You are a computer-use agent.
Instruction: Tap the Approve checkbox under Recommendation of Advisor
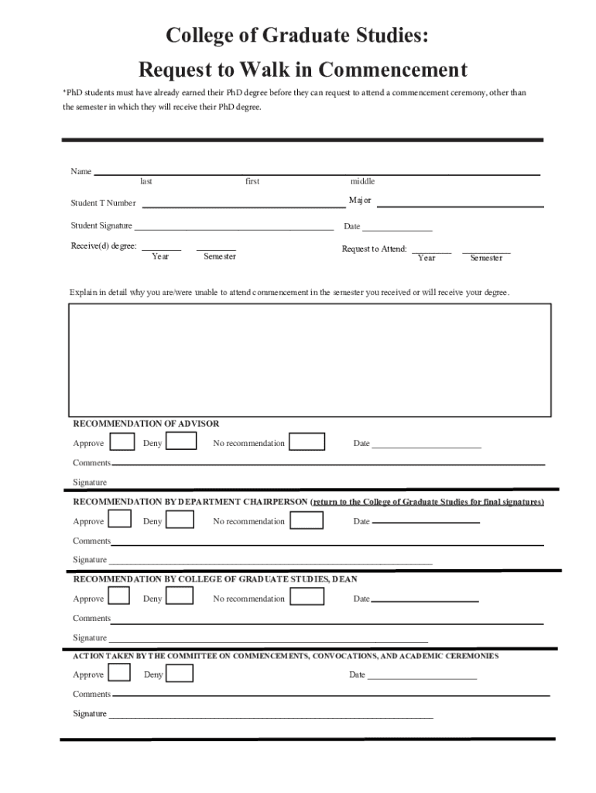[x=122, y=442]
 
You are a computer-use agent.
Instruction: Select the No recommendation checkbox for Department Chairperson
[x=307, y=520]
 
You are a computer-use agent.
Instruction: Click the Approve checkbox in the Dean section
[x=118, y=596]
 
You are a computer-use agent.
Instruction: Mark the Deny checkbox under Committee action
[x=180, y=674]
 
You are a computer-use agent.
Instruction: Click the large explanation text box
[x=310, y=360]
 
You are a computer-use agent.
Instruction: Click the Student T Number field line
[x=244, y=206]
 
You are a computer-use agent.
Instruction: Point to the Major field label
[x=360, y=201]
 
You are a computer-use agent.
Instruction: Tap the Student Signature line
[x=234, y=229]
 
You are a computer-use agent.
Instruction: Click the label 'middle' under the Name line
[x=362, y=181]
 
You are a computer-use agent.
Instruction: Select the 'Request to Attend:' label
[x=375, y=249]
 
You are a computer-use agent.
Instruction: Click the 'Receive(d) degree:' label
[x=104, y=246]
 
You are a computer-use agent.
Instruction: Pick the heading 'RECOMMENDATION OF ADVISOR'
[x=146, y=424]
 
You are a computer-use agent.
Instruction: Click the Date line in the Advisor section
[x=426, y=448]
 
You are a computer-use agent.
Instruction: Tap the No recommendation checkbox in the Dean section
[x=307, y=596]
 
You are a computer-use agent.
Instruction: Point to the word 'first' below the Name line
[x=252, y=181]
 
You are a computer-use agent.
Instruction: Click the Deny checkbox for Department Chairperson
[x=180, y=520]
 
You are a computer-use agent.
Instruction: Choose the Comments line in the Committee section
[x=331, y=695]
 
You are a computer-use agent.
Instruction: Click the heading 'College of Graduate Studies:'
[x=297, y=36]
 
